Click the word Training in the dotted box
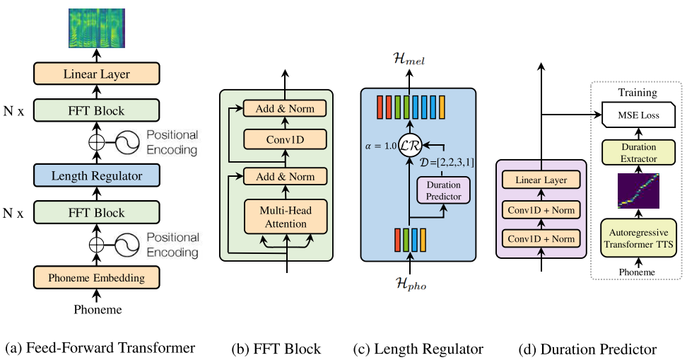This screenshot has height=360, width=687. [638, 93]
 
